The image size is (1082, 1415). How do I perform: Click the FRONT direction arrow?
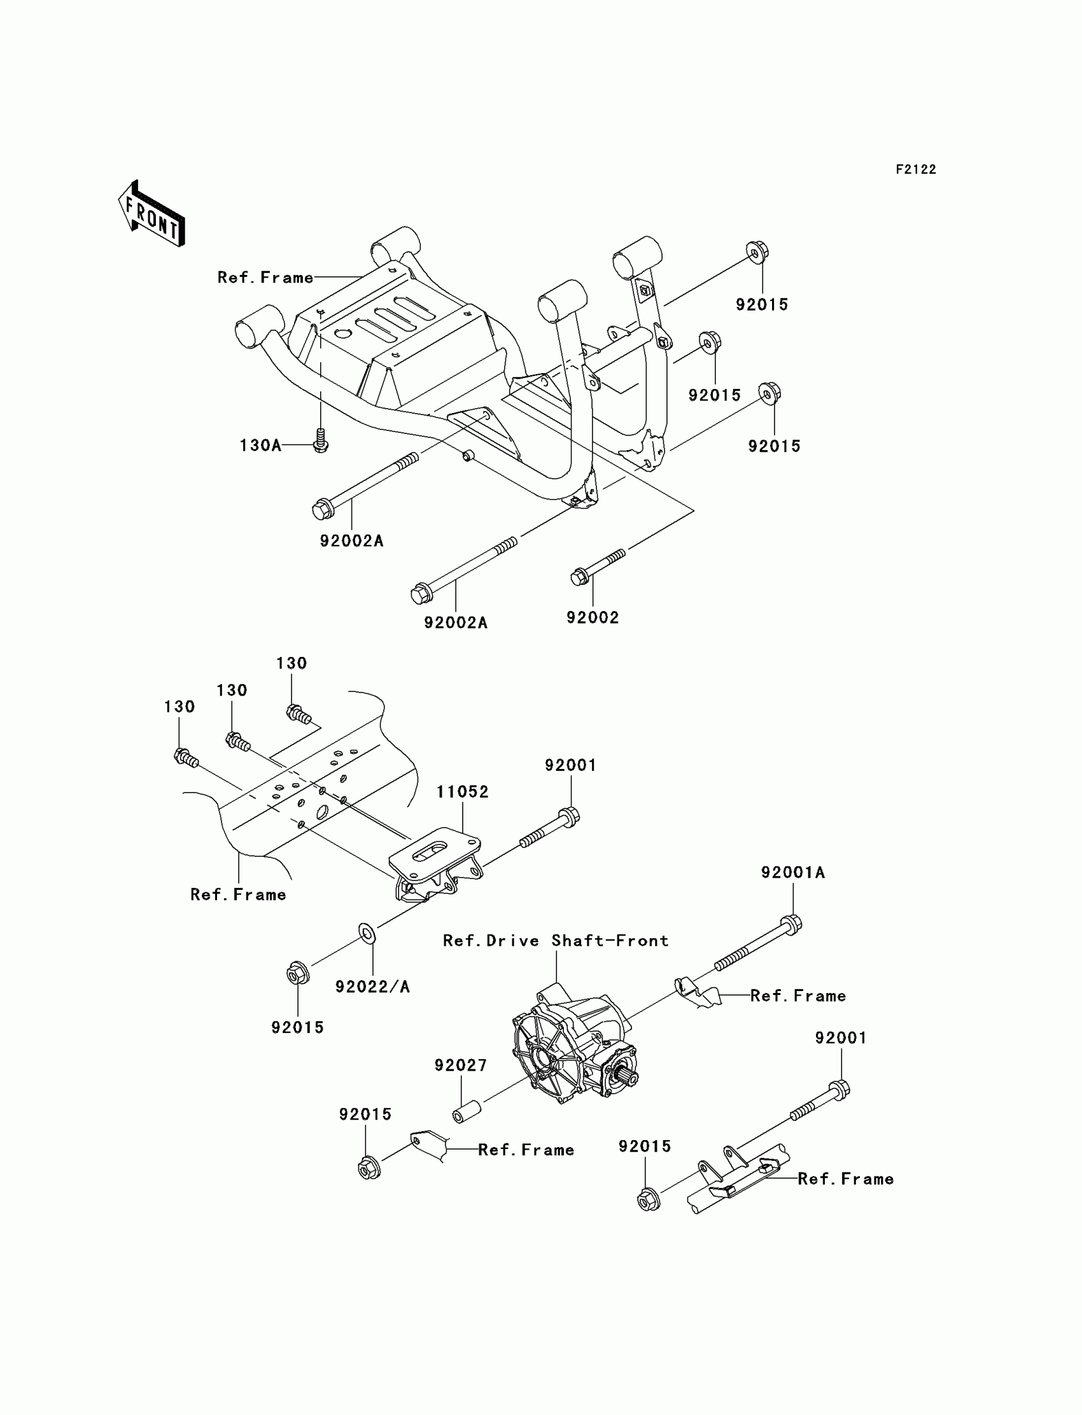[152, 215]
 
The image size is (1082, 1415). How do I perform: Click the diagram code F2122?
[916, 169]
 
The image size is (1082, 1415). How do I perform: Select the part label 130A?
[260, 445]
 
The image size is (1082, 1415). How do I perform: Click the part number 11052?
[463, 792]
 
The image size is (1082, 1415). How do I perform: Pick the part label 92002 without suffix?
[593, 617]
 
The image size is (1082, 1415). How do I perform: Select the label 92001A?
[792, 872]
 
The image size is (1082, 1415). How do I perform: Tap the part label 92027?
[461, 1066]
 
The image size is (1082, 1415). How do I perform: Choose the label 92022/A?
[372, 987]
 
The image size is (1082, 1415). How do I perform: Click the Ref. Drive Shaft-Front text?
[556, 941]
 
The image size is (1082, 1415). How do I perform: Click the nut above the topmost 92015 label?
[757, 252]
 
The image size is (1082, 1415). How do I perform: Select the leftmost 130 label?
[179, 707]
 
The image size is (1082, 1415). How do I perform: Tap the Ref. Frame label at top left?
[265, 278]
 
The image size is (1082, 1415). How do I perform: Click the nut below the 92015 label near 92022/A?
[298, 973]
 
